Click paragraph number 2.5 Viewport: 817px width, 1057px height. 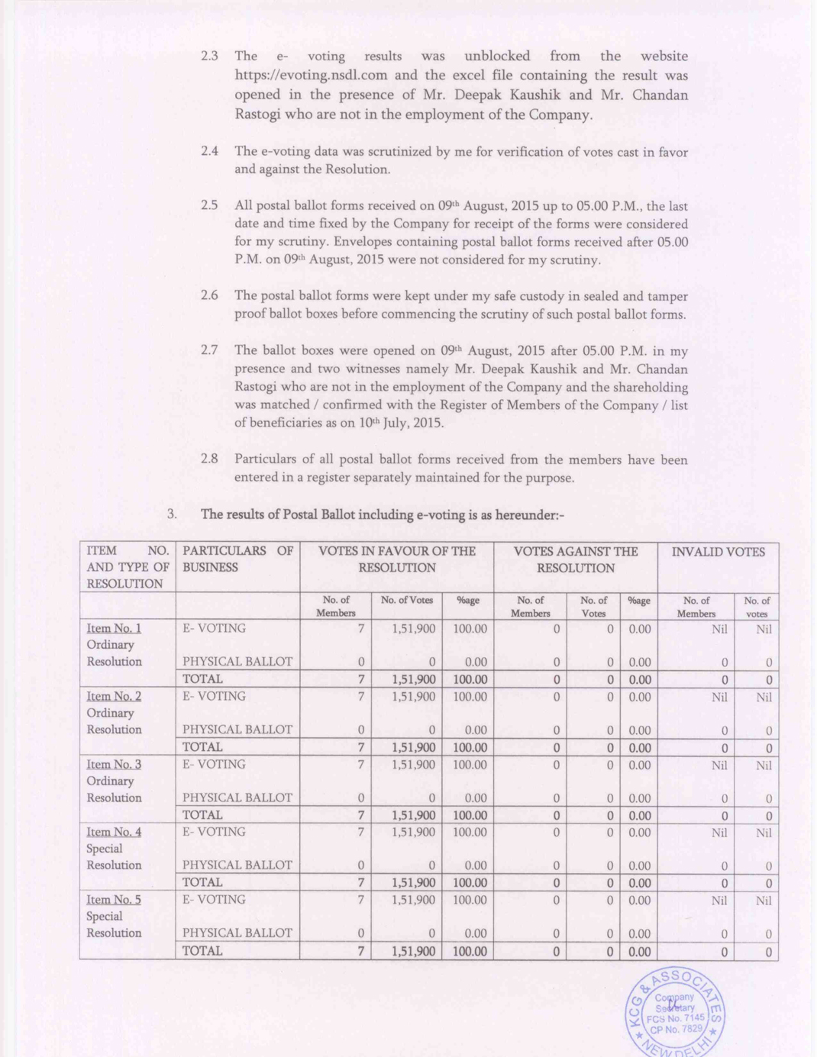[x=209, y=205]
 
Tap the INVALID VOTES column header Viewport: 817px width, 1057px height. [x=718, y=552]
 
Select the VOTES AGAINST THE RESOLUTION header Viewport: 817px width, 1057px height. [x=575, y=559]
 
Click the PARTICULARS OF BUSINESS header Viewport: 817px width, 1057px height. [x=237, y=559]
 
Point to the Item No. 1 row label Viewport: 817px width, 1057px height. [x=114, y=628]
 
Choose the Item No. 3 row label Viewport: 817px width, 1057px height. [x=114, y=764]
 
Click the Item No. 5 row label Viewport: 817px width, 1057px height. [x=114, y=900]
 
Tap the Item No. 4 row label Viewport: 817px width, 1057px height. [x=114, y=832]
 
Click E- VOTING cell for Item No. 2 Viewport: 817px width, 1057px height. [x=214, y=696]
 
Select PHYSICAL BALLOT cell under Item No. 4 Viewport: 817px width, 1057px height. [x=237, y=865]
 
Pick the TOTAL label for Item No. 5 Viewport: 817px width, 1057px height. [x=202, y=951]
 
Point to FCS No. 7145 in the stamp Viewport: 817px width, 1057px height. [x=676, y=1018]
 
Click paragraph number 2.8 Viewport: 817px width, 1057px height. [x=209, y=459]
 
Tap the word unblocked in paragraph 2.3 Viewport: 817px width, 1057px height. [x=497, y=56]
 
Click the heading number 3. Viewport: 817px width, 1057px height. [x=172, y=514]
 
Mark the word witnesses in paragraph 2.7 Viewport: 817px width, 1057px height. [x=370, y=369]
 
